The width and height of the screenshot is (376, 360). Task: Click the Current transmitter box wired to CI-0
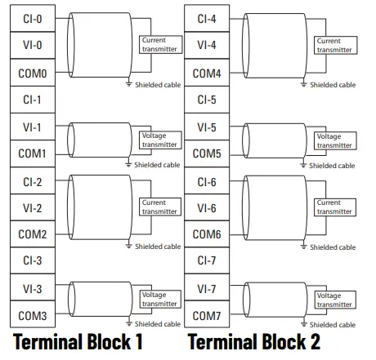(159, 45)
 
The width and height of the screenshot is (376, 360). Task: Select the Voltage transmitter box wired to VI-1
(159, 140)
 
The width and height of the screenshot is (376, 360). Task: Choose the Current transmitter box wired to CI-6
(334, 207)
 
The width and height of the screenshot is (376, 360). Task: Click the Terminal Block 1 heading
(78, 342)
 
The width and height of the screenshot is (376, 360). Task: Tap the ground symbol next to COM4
(303, 83)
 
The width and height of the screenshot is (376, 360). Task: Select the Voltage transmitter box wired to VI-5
(334, 140)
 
